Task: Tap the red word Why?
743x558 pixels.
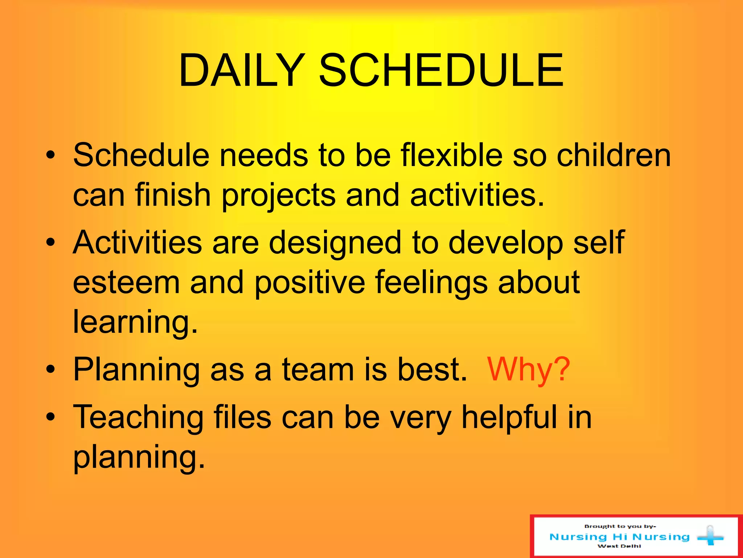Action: [528, 370]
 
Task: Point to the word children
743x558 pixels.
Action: [613, 155]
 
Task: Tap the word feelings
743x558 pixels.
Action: [431, 283]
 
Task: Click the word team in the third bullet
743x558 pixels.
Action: [318, 370]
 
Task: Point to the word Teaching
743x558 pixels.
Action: [138, 418]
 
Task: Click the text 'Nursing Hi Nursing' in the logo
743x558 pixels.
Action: [619, 537]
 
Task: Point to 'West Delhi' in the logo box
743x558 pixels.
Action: [619, 546]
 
